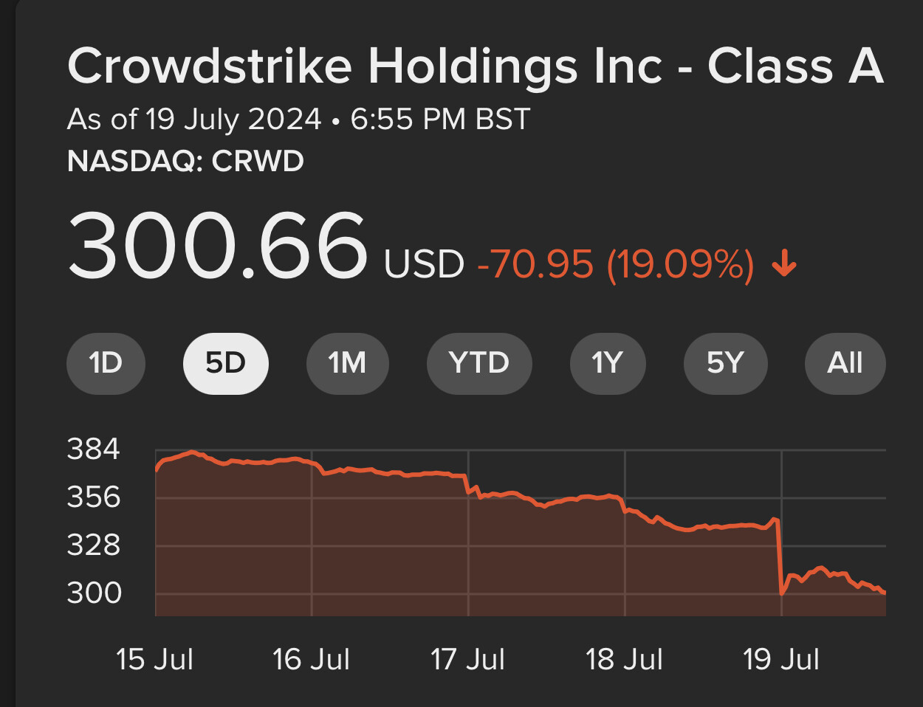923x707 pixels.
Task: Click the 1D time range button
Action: [106, 363]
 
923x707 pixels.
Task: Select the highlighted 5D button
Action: [225, 363]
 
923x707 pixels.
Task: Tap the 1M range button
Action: [347, 363]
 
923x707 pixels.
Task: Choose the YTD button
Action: [479, 363]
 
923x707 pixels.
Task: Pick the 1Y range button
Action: [608, 363]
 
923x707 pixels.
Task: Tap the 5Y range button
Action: [725, 363]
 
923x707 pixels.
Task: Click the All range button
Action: [845, 363]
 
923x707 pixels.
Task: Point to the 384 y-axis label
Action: [94, 449]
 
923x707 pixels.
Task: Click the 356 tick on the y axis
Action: [94, 497]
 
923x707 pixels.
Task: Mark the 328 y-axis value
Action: [94, 545]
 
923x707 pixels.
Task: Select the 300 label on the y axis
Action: [94, 593]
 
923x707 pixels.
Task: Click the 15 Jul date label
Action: [154, 659]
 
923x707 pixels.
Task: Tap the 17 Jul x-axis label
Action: [467, 659]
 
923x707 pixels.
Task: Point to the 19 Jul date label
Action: [781, 659]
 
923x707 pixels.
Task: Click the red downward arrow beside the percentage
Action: [784, 263]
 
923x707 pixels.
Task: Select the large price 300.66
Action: [217, 246]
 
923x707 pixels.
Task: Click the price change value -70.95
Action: [535, 264]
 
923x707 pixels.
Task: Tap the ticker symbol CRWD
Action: [258, 162]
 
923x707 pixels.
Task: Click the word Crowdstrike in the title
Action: [210, 66]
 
